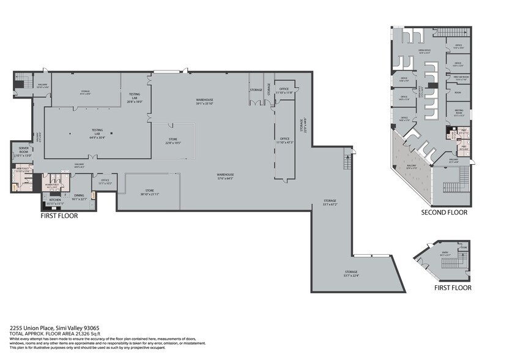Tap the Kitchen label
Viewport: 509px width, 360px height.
tap(55, 201)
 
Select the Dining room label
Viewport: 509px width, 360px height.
tap(80, 197)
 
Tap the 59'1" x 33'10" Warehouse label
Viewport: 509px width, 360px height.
tap(204, 101)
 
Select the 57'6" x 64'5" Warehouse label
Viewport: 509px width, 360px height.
tap(225, 176)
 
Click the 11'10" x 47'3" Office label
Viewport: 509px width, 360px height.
tap(284, 140)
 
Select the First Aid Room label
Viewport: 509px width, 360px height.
tap(461, 78)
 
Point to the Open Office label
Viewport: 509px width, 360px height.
tap(423, 51)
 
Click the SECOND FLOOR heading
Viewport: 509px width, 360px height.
tap(444, 213)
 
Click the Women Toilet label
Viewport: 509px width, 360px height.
tap(51, 185)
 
